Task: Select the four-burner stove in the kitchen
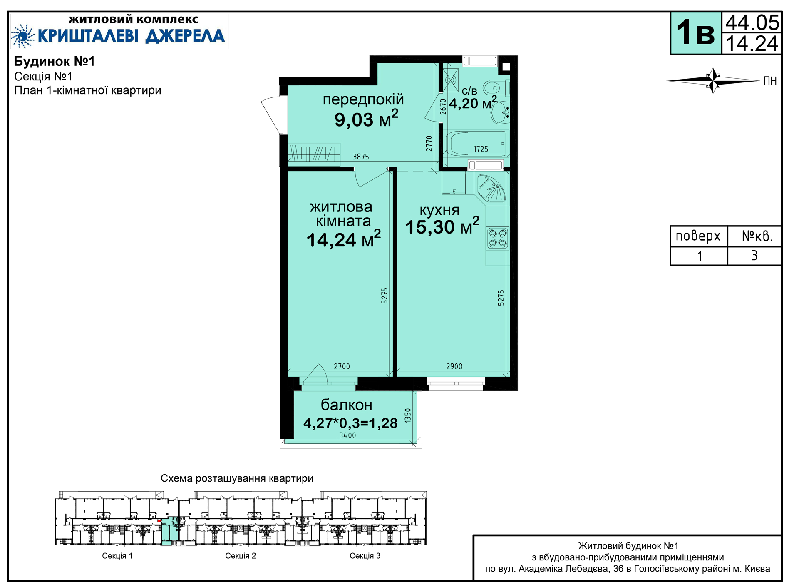coord(498,238)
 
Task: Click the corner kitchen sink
coord(491,189)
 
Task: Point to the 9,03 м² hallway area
coord(366,119)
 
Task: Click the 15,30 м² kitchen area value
coord(442,226)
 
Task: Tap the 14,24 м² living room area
coord(344,239)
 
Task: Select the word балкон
coord(347,405)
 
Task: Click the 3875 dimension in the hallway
coord(361,157)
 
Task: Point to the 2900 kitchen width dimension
coord(454,366)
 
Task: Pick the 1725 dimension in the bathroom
coord(481,149)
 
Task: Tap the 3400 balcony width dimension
coord(347,435)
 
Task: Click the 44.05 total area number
coord(752,22)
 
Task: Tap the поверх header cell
coord(698,236)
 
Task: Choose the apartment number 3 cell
coord(754,256)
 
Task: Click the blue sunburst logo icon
coord(22,36)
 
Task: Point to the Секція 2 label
coord(241,556)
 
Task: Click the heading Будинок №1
coord(55,61)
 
